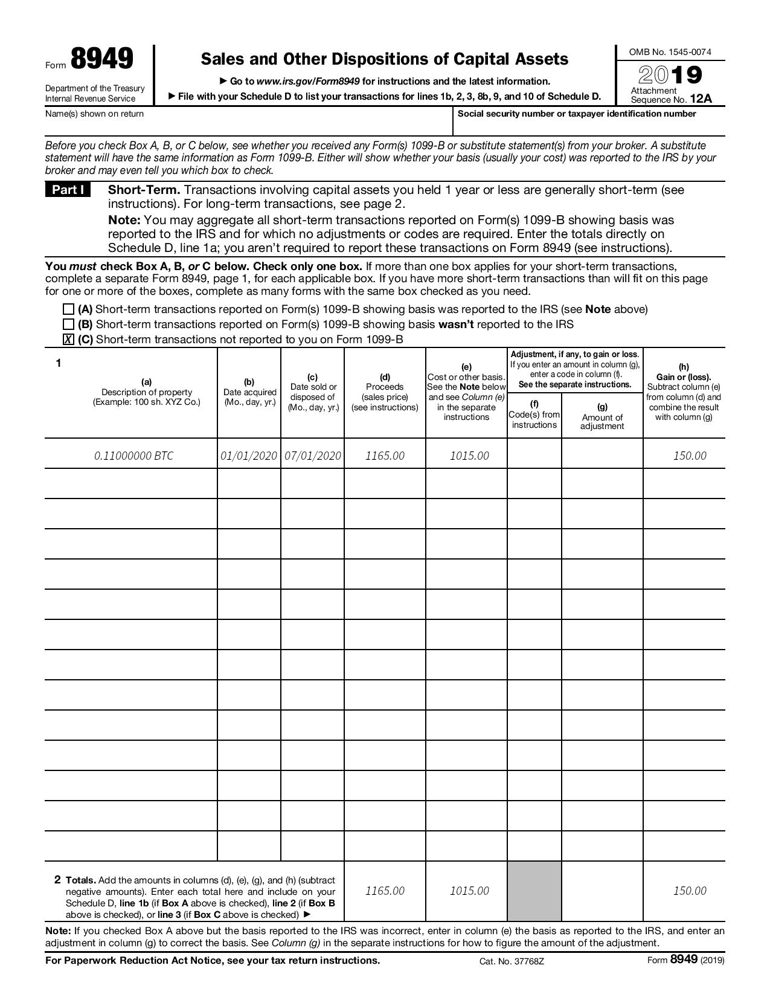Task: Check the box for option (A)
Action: (x=68, y=309)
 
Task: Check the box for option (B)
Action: (x=68, y=324)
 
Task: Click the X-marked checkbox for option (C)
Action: (x=68, y=340)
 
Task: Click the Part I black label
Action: (x=68, y=190)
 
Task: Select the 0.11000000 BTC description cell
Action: (x=133, y=456)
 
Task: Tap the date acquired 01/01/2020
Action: (x=249, y=456)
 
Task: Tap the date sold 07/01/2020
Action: (x=312, y=456)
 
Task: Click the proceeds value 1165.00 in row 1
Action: (x=385, y=456)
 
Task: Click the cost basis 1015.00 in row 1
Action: (x=469, y=456)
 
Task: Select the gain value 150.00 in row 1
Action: (x=689, y=456)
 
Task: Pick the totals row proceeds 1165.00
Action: (x=385, y=891)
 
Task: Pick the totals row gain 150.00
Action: (x=689, y=891)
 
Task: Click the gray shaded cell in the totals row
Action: (x=534, y=891)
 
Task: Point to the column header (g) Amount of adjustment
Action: (x=602, y=417)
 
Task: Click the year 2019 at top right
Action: (x=670, y=75)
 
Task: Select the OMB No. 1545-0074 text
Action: (x=670, y=52)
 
